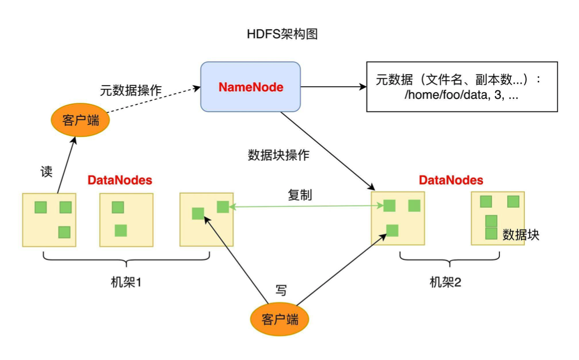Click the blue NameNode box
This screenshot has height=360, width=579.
pyautogui.click(x=250, y=87)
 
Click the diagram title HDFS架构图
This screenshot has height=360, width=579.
pyautogui.click(x=282, y=34)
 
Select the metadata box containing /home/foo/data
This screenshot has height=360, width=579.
pyautogui.click(x=461, y=87)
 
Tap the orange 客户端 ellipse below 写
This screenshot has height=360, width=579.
pyautogui.click(x=280, y=319)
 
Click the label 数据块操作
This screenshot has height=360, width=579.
pyautogui.click(x=278, y=155)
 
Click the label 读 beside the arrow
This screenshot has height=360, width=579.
pyautogui.click(x=46, y=171)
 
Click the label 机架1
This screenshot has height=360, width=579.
pyautogui.click(x=126, y=282)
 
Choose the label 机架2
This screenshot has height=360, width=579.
pyautogui.click(x=445, y=282)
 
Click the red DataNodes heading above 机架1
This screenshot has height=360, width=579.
pyautogui.click(x=120, y=180)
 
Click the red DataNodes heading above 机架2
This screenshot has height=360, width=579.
pyautogui.click(x=451, y=180)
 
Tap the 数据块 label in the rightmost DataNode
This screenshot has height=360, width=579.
pyautogui.click(x=521, y=234)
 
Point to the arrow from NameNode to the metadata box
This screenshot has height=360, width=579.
pyautogui.click(x=333, y=87)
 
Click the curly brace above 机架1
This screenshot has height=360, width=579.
pyautogui.click(x=126, y=259)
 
